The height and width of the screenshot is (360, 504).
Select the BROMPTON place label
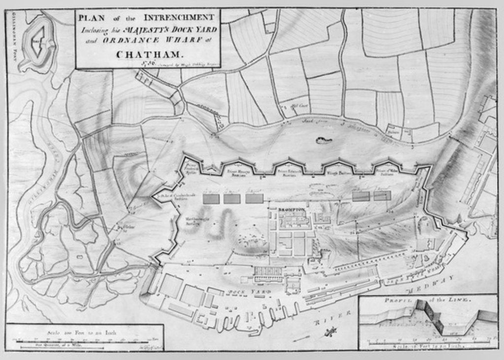(x=292, y=210)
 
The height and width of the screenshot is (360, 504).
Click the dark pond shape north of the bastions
(x=323, y=141)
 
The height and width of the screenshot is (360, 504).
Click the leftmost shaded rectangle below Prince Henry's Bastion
(x=211, y=198)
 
